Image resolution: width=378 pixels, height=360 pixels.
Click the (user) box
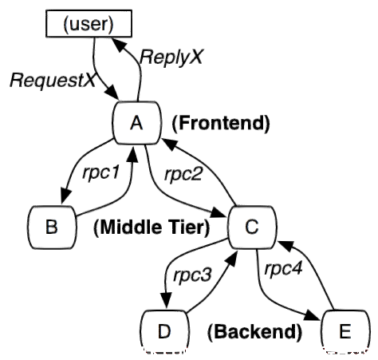(x=89, y=23)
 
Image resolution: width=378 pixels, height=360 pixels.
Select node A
(x=137, y=123)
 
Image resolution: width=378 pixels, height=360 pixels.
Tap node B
(x=52, y=227)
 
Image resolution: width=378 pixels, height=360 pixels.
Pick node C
(x=252, y=227)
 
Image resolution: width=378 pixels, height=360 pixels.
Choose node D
(x=164, y=331)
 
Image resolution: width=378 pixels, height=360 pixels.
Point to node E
(x=345, y=331)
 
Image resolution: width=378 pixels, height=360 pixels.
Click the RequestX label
(x=53, y=81)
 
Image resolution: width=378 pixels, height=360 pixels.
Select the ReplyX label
(x=171, y=57)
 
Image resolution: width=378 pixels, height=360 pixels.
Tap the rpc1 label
(x=100, y=173)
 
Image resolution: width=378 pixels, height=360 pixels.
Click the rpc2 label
(x=183, y=175)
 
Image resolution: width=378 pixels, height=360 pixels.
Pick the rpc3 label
(x=192, y=275)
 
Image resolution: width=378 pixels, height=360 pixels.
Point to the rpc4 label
(x=283, y=269)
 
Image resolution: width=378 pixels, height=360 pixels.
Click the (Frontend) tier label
(x=221, y=123)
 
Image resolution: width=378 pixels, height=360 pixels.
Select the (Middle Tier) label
(x=152, y=227)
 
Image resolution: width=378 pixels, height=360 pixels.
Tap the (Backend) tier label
(x=254, y=332)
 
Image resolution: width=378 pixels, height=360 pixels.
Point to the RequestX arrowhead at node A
(x=112, y=93)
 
